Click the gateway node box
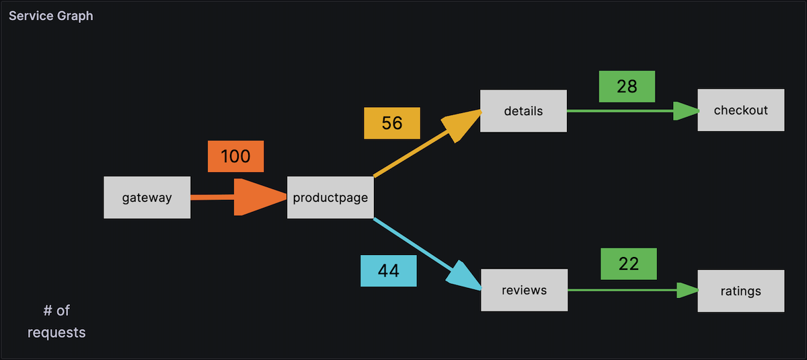pos(147,198)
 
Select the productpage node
pos(330,198)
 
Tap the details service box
pos(523,111)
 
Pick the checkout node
pos(740,110)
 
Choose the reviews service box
pos(524,291)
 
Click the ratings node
pos(740,291)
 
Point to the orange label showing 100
pos(235,157)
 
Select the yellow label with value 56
pos(391,123)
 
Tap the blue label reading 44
pos(388,271)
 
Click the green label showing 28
pos(627,87)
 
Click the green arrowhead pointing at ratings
pos(687,291)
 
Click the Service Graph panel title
pos(51,15)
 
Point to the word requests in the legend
pos(56,332)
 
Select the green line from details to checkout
pos(619,111)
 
